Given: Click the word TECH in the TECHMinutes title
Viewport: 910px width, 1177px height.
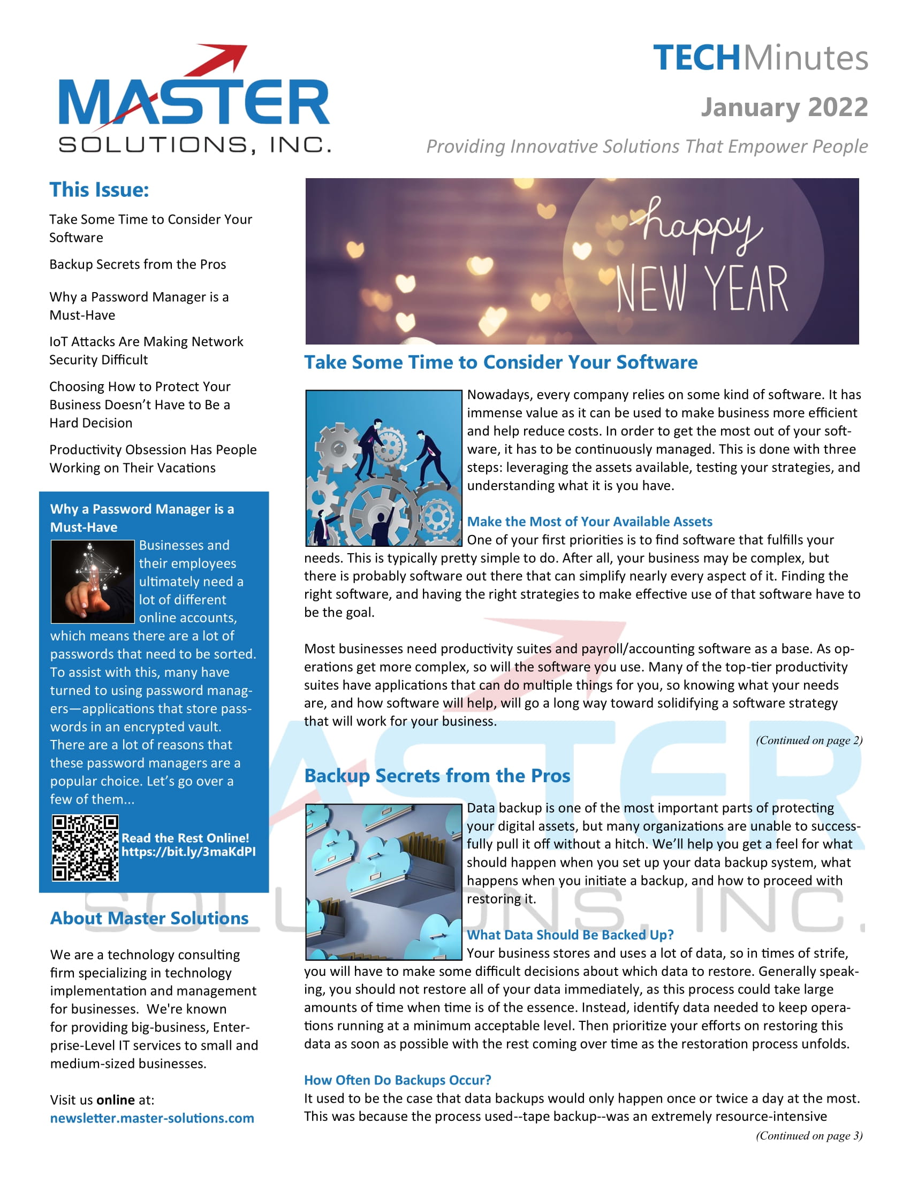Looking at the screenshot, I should pyautogui.click(x=696, y=58).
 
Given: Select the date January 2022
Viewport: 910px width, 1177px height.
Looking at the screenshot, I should pyautogui.click(x=784, y=107).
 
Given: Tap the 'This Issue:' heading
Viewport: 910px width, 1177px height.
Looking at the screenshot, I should pyautogui.click(x=99, y=190).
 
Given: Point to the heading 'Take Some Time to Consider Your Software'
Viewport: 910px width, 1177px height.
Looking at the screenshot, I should pyautogui.click(x=500, y=362).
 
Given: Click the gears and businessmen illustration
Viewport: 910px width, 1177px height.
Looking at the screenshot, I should pyautogui.click(x=383, y=468).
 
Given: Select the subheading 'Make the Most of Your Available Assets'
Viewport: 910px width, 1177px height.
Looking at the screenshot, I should pyautogui.click(x=589, y=521).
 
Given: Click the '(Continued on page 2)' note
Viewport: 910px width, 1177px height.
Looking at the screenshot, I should pyautogui.click(x=809, y=740).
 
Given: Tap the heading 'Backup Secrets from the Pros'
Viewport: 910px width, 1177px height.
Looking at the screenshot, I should pyautogui.click(x=437, y=776).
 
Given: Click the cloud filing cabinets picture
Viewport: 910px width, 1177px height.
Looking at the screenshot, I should pyautogui.click(x=383, y=882).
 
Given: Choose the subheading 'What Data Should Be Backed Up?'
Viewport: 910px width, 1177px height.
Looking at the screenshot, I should pyautogui.click(x=570, y=935).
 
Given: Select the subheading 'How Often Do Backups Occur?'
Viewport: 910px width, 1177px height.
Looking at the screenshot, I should pyautogui.click(x=397, y=1080).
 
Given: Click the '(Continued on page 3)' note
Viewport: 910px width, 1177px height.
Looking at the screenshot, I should pyautogui.click(x=809, y=1135).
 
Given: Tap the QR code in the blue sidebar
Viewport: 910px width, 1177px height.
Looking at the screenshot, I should pyautogui.click(x=85, y=848).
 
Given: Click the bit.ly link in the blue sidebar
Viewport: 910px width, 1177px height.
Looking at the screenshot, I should pyautogui.click(x=188, y=852).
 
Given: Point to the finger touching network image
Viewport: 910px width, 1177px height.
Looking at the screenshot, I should pyautogui.click(x=92, y=582).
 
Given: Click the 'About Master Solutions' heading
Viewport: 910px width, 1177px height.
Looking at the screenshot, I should pyautogui.click(x=149, y=918).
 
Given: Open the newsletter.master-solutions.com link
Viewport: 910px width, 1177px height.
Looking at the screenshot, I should pyautogui.click(x=152, y=1118).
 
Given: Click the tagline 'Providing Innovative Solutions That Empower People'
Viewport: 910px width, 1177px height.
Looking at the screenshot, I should pyautogui.click(x=647, y=146).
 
